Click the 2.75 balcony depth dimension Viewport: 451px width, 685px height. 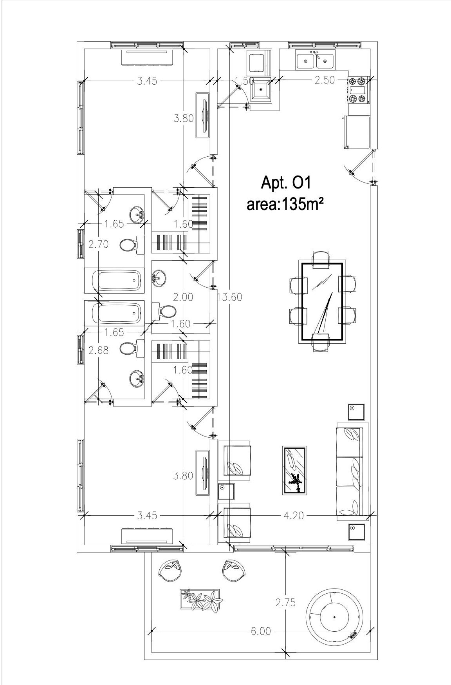[285, 602]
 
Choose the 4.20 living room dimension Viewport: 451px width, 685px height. [294, 515]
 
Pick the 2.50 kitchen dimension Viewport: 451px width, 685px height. [325, 80]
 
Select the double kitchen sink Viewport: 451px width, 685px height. [315, 60]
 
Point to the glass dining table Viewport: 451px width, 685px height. [322, 302]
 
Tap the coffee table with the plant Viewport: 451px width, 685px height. [294, 470]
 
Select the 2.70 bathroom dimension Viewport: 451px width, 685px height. [98, 244]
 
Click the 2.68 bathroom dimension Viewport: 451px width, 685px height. [98, 350]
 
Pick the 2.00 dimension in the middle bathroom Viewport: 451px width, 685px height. [183, 297]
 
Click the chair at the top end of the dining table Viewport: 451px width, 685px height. [322, 258]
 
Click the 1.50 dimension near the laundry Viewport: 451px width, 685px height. [245, 81]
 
